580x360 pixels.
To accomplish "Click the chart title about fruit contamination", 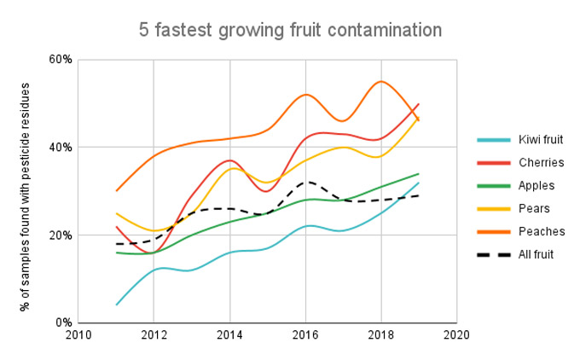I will pyautogui.click(x=290, y=30).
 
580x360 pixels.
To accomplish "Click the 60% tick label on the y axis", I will pyautogui.click(x=61, y=60).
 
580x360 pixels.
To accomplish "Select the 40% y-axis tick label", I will pyautogui.click(x=61, y=148).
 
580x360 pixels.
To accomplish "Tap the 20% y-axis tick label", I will pyautogui.click(x=61, y=235).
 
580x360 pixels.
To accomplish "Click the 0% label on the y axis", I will pyautogui.click(x=64, y=323).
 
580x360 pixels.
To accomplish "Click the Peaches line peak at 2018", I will pyautogui.click(x=381, y=82).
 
